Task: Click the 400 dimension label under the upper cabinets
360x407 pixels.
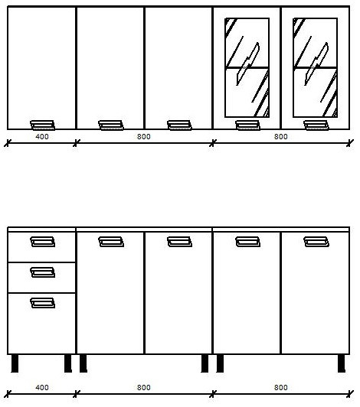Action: coord(42,136)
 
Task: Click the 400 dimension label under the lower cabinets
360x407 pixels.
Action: coord(42,388)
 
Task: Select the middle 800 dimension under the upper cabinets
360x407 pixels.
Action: coord(144,136)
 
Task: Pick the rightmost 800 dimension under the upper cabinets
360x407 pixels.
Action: coord(280,136)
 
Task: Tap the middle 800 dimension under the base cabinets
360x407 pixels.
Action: coord(144,388)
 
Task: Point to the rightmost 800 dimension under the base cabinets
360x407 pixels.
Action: coord(280,388)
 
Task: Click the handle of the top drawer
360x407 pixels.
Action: coord(42,242)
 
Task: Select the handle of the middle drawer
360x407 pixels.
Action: coord(42,272)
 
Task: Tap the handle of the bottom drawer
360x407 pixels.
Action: coord(42,303)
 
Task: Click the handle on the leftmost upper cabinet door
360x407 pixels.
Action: coord(42,125)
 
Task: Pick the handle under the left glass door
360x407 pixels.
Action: coord(247,125)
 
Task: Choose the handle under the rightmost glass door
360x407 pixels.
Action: coord(316,125)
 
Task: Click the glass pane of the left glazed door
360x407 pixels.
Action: coord(247,67)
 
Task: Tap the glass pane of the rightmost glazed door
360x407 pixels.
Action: coord(316,67)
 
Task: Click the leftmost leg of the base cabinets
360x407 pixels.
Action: coord(15,363)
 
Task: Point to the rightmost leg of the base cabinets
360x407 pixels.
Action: coord(342,363)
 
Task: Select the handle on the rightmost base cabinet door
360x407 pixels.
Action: coord(316,242)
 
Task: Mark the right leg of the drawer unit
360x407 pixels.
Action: coord(68,363)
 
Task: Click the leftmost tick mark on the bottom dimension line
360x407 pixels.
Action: coord(8,394)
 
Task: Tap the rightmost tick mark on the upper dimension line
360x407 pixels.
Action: coord(350,143)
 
